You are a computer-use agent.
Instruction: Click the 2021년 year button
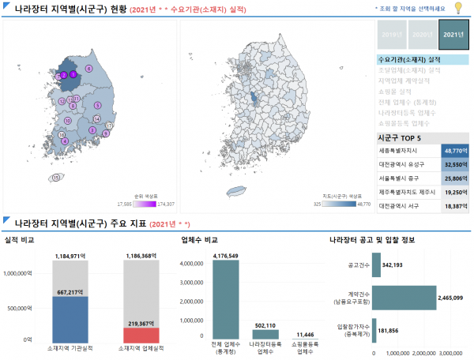tap(453, 36)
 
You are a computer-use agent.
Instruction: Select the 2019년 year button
tap(390, 36)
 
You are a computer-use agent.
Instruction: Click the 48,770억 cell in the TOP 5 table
tap(455, 149)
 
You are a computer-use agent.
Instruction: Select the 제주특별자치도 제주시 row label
tap(408, 192)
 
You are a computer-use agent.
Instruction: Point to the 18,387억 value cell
tap(455, 206)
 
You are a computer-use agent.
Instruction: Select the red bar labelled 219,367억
tap(141, 334)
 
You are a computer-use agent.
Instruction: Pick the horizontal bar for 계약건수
tap(404, 297)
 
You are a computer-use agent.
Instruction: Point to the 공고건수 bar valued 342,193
tap(377, 265)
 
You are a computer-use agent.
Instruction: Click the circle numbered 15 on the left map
tap(55, 178)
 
